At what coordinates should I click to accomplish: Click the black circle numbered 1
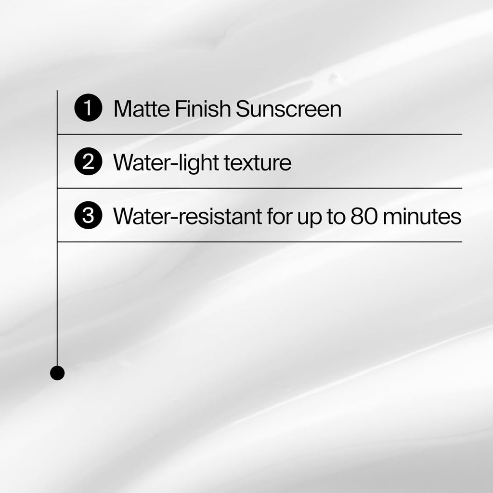click(88, 109)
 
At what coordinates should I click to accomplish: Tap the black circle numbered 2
click(88, 163)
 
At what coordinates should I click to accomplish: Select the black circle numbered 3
click(88, 216)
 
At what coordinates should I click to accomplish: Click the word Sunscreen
click(288, 109)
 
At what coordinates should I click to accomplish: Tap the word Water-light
click(166, 163)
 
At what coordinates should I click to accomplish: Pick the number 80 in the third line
click(364, 217)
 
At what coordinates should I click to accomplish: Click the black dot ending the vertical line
click(57, 373)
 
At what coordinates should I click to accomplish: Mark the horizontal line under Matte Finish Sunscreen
click(260, 134)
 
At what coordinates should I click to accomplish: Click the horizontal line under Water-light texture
click(260, 188)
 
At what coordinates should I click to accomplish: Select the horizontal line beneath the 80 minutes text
click(260, 242)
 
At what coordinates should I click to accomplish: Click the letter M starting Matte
click(121, 109)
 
